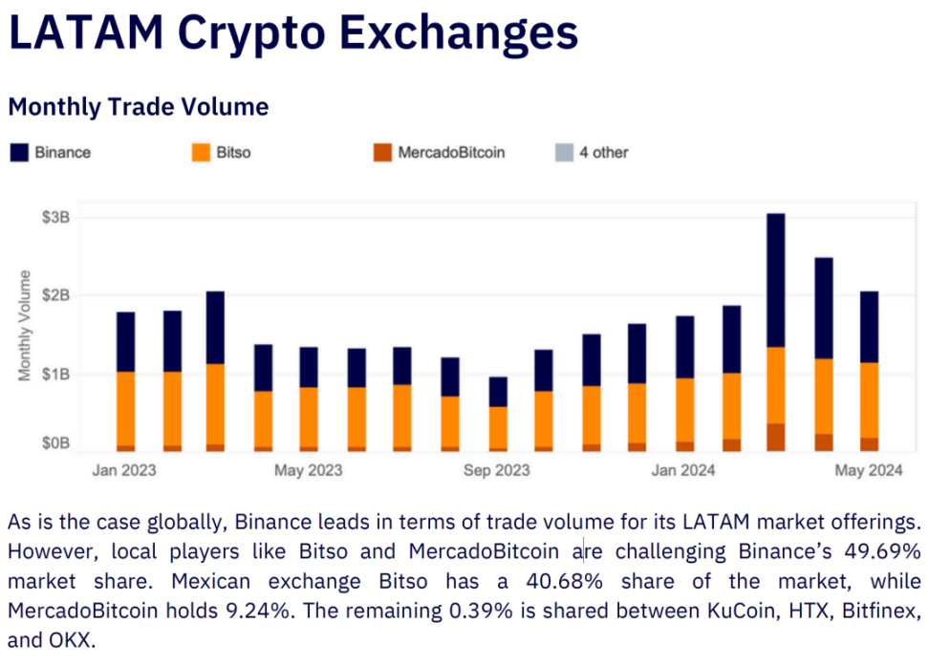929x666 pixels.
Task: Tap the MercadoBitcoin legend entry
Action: pos(439,152)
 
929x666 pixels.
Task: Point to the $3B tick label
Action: pos(55,217)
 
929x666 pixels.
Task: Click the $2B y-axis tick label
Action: pos(55,295)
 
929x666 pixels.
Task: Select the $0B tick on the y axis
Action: pos(55,443)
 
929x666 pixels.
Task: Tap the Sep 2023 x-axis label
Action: pos(496,470)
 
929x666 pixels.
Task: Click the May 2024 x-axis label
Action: pos(869,470)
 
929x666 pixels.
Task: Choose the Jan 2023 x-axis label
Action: pos(124,470)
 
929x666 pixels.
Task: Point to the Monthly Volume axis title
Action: pos(25,326)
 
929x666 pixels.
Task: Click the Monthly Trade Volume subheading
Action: pos(139,107)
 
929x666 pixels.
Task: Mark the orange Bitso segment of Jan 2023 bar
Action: pos(125,408)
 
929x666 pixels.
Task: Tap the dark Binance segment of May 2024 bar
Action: pos(869,327)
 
